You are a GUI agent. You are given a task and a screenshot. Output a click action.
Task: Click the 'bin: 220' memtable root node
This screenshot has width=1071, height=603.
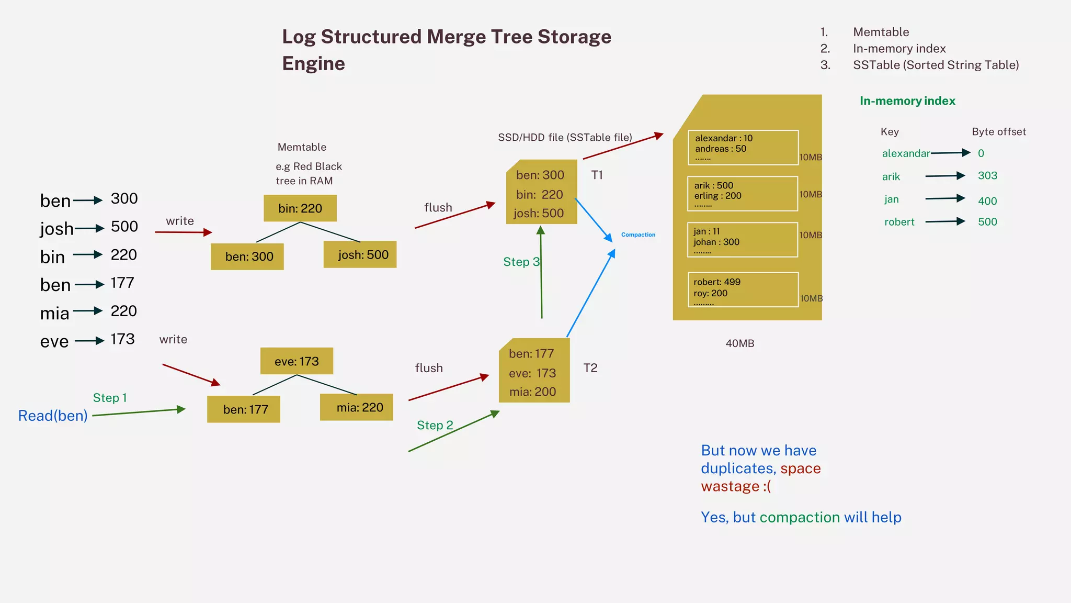[x=300, y=208]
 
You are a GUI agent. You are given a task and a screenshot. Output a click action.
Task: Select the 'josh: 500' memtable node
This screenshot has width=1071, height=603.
[x=360, y=255]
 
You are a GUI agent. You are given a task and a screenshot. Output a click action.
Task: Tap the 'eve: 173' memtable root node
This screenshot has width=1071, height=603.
[x=297, y=361]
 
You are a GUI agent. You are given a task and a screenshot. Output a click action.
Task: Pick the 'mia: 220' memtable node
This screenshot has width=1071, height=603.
[x=357, y=407]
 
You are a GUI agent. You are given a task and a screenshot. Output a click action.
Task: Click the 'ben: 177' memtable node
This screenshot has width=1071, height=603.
[x=244, y=409]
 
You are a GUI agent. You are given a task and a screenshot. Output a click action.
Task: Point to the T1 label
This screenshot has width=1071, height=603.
[x=597, y=175]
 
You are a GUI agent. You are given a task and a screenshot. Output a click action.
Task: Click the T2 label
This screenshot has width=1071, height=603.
[x=590, y=368]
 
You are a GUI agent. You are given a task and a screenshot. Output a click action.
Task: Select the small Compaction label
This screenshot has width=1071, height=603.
[x=638, y=235]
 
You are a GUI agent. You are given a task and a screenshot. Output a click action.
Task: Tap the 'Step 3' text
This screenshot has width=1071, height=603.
[x=521, y=262]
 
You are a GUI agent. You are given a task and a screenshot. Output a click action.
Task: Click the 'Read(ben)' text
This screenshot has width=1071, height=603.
[x=53, y=416]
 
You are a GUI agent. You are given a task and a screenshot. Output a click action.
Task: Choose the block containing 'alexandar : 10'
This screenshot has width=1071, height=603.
[x=743, y=148]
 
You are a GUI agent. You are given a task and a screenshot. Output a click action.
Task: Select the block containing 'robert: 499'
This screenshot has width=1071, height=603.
[x=743, y=289]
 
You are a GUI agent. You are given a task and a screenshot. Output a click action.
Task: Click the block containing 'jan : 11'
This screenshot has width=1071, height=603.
[x=743, y=240]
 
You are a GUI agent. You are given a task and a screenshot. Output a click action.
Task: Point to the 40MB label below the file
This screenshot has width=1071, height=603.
[x=740, y=344]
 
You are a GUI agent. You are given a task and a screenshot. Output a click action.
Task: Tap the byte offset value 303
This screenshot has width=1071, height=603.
[x=987, y=176]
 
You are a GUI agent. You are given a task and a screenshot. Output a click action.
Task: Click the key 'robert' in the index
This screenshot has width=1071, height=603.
[x=899, y=222]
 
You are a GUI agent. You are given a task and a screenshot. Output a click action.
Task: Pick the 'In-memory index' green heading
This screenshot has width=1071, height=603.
[x=907, y=101]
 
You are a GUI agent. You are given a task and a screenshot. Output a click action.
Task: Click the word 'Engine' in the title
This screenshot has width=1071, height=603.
[x=314, y=64]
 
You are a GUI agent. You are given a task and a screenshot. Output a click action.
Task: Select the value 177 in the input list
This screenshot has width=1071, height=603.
[x=122, y=283]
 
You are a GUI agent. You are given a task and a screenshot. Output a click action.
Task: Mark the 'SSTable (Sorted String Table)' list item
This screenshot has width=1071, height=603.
[x=936, y=65]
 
